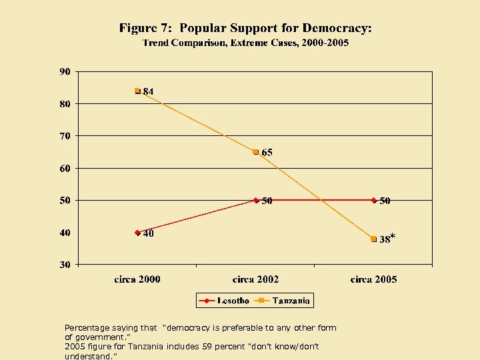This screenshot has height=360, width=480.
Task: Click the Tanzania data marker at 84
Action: tap(137, 91)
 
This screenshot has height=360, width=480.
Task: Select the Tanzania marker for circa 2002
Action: tap(255, 152)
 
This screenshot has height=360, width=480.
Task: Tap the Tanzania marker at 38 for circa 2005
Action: tap(374, 239)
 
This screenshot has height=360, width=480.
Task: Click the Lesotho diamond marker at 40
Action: tap(137, 233)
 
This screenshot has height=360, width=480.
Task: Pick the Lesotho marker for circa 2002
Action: tap(255, 200)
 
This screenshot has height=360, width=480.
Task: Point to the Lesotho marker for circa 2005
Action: tap(374, 200)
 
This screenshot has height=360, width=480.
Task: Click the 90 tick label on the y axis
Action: tap(65, 71)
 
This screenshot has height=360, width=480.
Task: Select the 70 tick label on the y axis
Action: tap(65, 136)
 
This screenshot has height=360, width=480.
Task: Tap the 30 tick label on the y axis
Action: tap(65, 265)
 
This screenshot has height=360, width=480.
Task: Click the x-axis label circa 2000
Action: tap(137, 279)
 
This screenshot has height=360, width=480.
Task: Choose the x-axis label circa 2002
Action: tap(255, 279)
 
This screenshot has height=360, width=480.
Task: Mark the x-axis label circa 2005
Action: tap(373, 279)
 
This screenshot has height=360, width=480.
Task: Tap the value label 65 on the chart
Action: tap(267, 153)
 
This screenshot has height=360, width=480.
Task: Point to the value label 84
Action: tap(149, 91)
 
